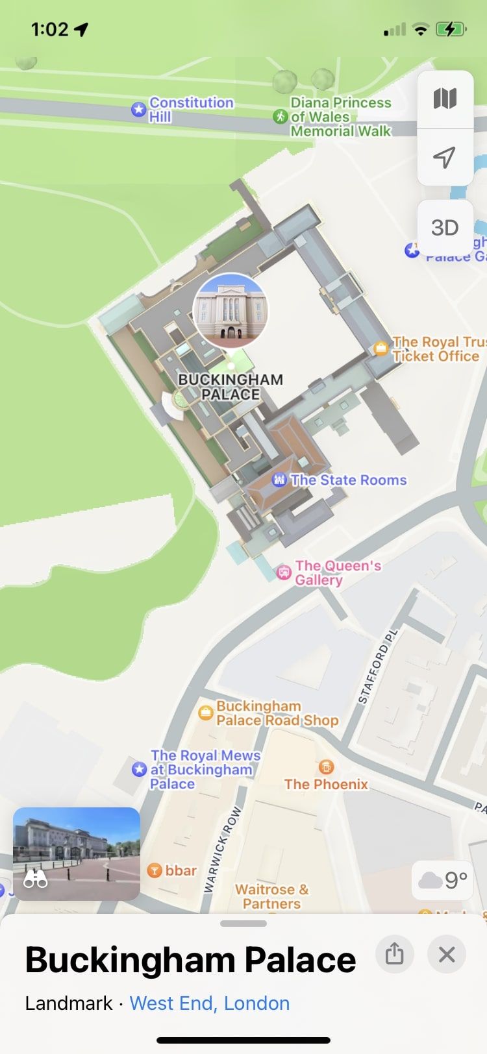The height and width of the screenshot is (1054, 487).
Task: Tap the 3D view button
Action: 445,228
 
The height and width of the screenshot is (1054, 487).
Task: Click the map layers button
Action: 445,99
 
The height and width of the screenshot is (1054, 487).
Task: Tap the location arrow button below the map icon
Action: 445,157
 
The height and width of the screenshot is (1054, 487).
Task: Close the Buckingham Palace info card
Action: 447,955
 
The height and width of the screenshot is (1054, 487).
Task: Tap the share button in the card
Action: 394,955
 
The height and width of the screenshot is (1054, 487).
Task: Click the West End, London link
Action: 210,1003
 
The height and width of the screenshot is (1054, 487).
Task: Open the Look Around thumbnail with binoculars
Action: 77,853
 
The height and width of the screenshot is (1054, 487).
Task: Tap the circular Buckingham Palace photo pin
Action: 231,310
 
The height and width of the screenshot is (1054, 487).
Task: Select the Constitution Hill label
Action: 191,110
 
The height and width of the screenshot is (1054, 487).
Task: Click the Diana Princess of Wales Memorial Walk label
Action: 340,117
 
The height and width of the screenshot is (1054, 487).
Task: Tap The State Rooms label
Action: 348,480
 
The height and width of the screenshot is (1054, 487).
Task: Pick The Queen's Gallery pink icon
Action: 284,572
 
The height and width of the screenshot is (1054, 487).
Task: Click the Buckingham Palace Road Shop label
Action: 277,713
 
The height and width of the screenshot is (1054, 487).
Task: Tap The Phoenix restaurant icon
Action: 326,768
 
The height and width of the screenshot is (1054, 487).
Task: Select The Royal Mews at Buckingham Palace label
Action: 205,770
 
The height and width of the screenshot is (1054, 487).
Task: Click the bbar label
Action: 181,870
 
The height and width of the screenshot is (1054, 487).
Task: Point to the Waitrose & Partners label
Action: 271,896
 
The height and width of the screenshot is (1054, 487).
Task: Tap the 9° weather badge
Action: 443,880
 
